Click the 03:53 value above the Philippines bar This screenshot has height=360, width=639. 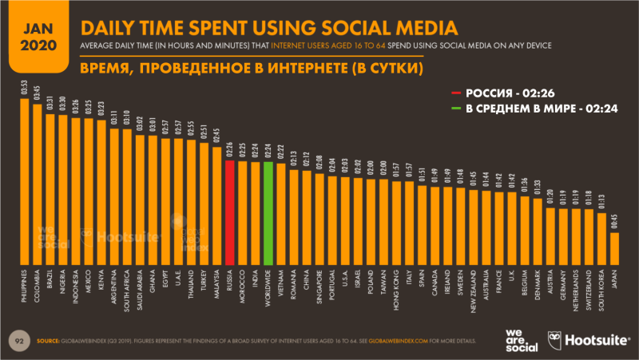(25, 86)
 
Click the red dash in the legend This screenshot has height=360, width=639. (456, 93)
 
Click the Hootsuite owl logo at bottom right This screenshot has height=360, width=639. (556, 338)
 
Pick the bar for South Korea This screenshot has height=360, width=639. (601, 239)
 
